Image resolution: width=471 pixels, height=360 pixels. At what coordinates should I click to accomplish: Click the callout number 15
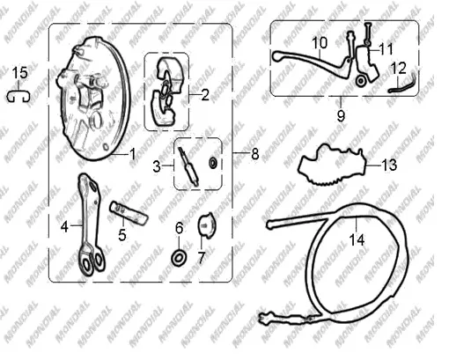(x=19, y=73)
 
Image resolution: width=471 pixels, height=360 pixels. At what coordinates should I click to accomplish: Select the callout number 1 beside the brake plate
(x=132, y=154)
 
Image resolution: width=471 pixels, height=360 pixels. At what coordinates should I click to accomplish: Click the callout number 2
(x=205, y=95)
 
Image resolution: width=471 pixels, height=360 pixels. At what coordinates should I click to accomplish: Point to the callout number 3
(x=157, y=166)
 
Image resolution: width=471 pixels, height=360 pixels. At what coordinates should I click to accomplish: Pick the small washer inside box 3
(x=213, y=163)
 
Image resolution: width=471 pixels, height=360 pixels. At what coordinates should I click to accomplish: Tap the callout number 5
(x=122, y=235)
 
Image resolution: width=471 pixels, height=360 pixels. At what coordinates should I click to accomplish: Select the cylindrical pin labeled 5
(x=129, y=213)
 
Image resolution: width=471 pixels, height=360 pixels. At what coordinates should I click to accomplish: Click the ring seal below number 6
(x=179, y=258)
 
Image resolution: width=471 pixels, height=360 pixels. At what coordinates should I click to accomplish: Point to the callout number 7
(x=201, y=258)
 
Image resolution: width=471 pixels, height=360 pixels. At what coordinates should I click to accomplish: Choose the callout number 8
(x=254, y=154)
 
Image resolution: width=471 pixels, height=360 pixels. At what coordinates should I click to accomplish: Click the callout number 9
(x=341, y=116)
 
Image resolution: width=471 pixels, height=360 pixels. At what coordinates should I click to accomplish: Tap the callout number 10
(x=320, y=43)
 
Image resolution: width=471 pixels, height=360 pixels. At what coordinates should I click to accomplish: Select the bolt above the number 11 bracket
(x=368, y=33)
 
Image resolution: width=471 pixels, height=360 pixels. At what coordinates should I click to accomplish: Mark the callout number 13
(x=389, y=165)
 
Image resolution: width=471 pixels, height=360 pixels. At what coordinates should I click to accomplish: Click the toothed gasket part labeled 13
(x=332, y=164)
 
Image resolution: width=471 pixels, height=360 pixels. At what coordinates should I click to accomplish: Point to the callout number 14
(x=357, y=240)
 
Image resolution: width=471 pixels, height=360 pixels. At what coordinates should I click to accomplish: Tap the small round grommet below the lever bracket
(x=360, y=80)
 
